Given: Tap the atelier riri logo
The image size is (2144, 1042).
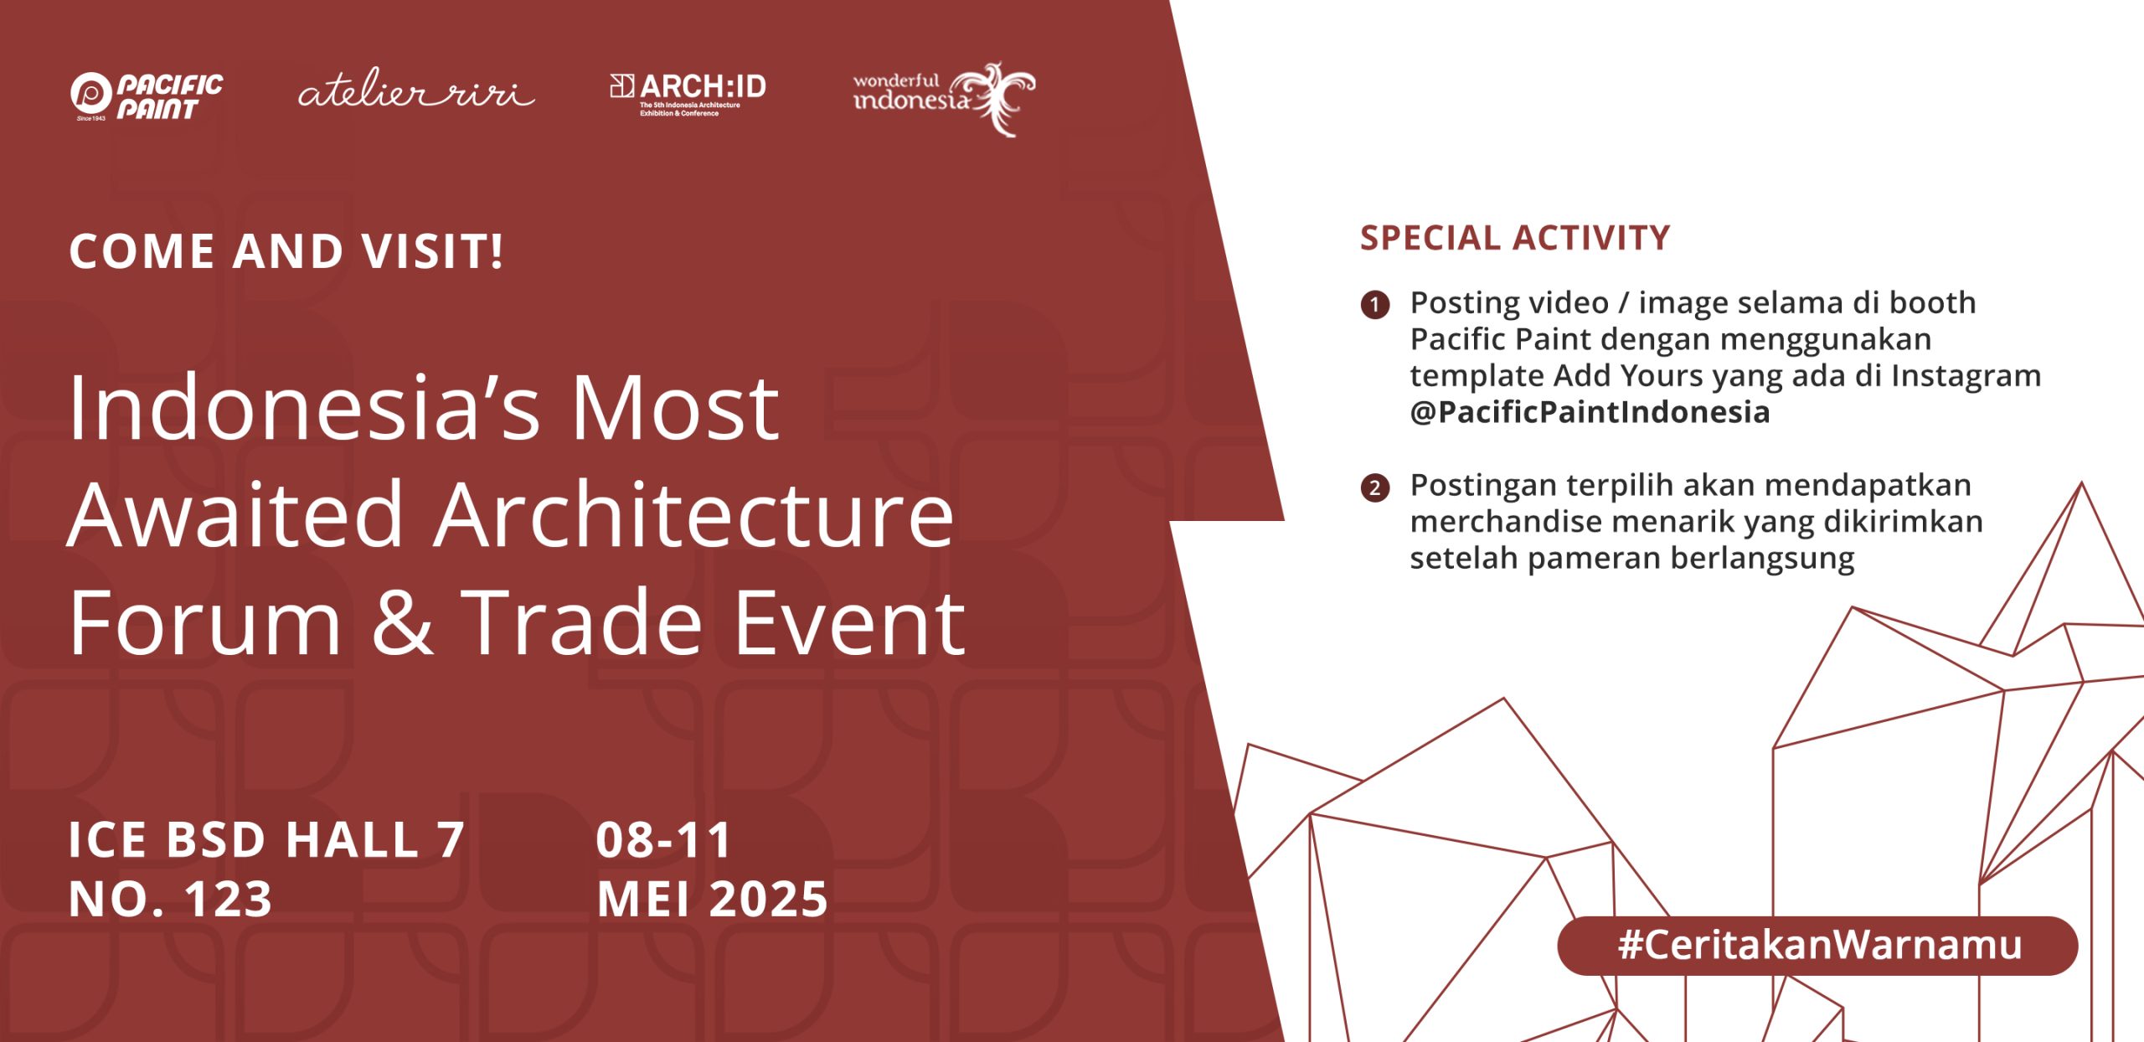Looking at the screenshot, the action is [x=416, y=89].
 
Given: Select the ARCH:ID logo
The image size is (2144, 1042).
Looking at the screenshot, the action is [x=688, y=95].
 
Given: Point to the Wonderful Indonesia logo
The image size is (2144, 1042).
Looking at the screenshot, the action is [x=944, y=98].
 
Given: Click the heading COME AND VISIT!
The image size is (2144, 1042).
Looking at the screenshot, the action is [x=286, y=250].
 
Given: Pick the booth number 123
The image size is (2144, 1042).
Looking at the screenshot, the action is [x=229, y=899].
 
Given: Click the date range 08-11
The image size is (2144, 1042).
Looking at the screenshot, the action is [x=664, y=839].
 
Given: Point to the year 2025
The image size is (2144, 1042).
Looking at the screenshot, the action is [x=769, y=899].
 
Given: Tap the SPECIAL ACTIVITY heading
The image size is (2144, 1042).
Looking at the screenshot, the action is [x=1515, y=238].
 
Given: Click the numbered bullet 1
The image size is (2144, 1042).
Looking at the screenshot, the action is [x=1375, y=304].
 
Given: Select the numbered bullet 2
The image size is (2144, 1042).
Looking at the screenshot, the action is [x=1375, y=487].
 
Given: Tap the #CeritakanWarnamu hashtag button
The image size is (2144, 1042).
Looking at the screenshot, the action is [x=1817, y=945].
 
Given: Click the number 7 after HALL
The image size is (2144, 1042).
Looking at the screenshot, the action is [x=451, y=839].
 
